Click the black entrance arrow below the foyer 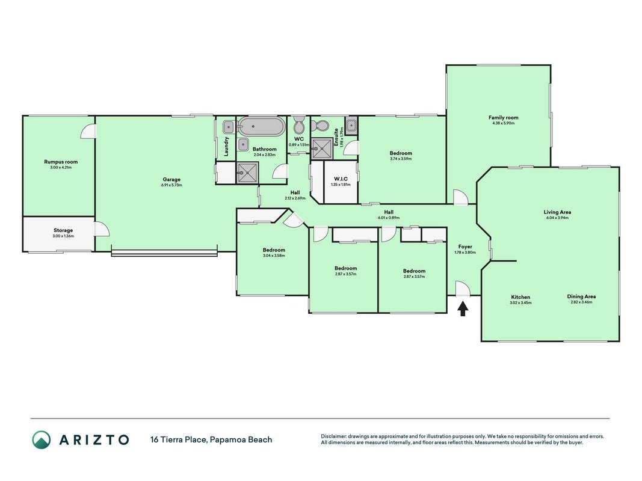point(463,308)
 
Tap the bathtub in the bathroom point(261,127)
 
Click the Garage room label point(171,179)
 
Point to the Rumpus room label point(61,162)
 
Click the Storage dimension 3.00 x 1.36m point(63,236)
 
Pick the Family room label point(503,117)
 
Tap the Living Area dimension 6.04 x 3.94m point(557,218)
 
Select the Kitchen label point(520,297)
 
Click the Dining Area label point(581,296)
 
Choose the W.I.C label point(341,179)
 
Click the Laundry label point(226,147)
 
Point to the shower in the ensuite point(323,148)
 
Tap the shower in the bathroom point(248,173)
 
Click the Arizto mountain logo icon point(42,440)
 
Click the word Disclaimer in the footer point(334,437)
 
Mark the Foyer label point(465,247)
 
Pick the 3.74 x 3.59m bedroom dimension point(401,159)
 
